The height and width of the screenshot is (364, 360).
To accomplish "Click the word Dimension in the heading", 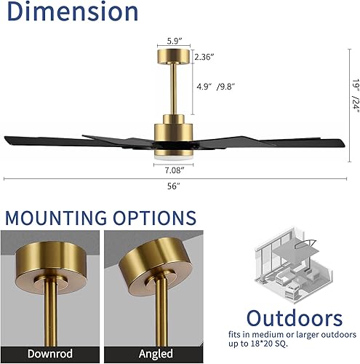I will (71, 12).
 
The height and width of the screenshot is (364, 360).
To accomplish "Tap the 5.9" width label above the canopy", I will (173, 41).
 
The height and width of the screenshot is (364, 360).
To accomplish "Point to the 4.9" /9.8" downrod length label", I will (215, 87).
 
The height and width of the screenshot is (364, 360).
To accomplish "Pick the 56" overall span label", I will (173, 186).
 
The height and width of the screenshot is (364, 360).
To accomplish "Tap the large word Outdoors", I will (293, 319).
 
